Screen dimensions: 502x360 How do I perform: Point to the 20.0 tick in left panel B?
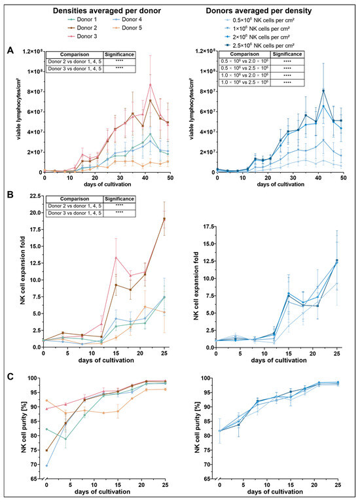[x=33, y=213]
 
